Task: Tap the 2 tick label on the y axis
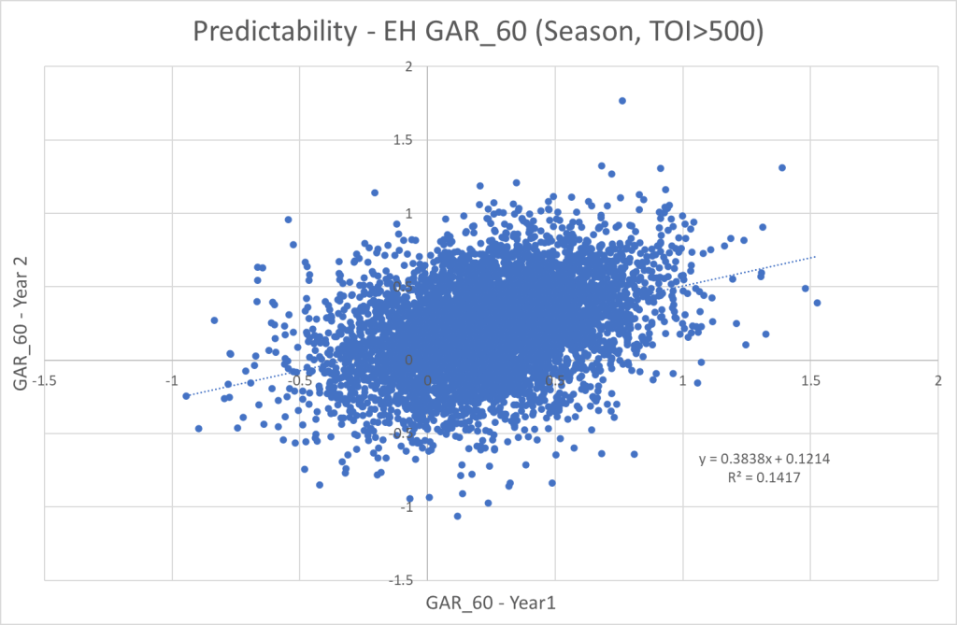[408, 67]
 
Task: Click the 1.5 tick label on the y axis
[403, 140]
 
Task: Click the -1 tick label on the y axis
[407, 507]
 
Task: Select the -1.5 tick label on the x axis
[43, 380]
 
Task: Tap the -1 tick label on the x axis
[171, 380]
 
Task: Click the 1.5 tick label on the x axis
[810, 380]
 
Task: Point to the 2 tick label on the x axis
[937, 380]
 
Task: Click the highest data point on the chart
[622, 101]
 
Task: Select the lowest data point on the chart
[457, 516]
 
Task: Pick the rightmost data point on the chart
[817, 303]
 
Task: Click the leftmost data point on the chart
[186, 395]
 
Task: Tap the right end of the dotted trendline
[816, 256]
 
